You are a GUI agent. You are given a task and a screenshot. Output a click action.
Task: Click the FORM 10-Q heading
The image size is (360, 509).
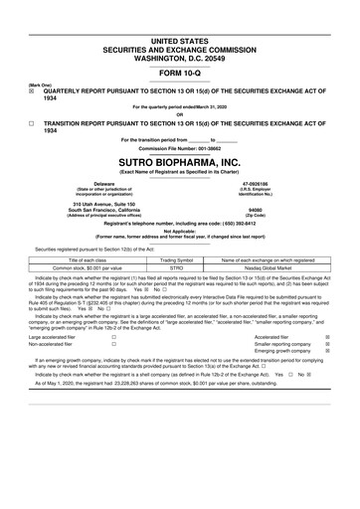coord(180,73)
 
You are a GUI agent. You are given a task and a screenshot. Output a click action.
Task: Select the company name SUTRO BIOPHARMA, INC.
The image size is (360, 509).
coord(180,158)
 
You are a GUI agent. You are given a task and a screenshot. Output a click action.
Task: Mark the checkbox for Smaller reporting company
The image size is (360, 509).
coord(327,345)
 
